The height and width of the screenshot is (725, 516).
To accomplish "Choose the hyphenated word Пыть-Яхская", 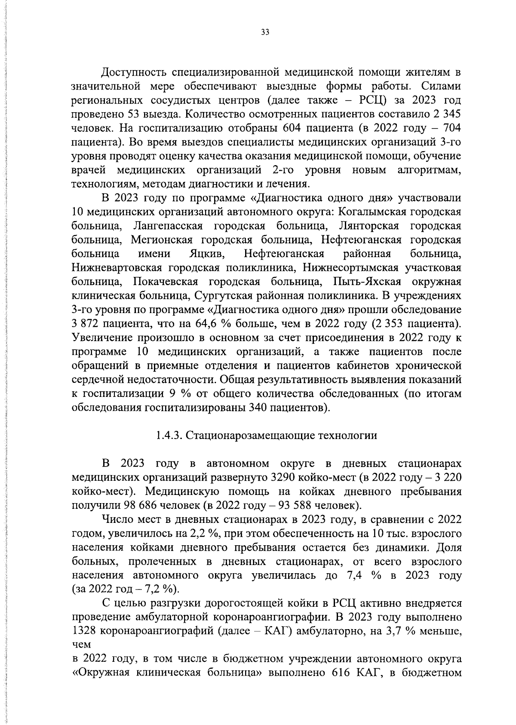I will [368, 282].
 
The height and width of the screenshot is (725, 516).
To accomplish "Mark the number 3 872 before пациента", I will [87, 323].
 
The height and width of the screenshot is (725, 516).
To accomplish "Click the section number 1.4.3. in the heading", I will [169, 436].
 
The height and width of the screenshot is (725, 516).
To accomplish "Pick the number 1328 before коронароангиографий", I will [83, 631].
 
